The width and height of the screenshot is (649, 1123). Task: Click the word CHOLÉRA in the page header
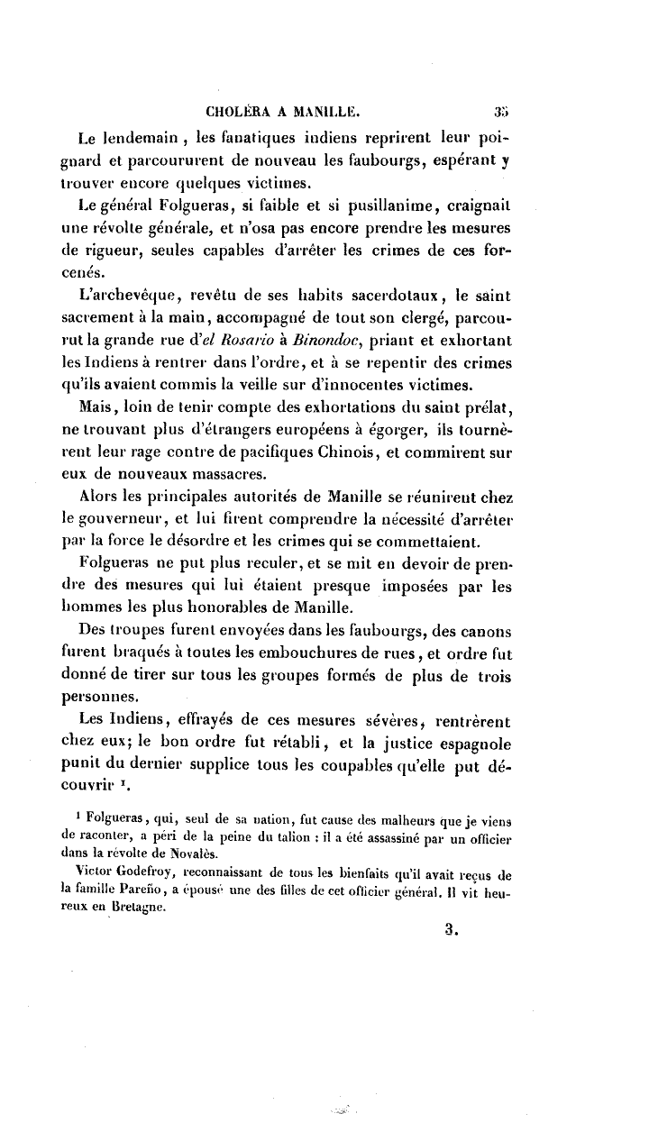(x=234, y=114)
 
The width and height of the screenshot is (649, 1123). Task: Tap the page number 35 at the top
(x=503, y=114)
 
